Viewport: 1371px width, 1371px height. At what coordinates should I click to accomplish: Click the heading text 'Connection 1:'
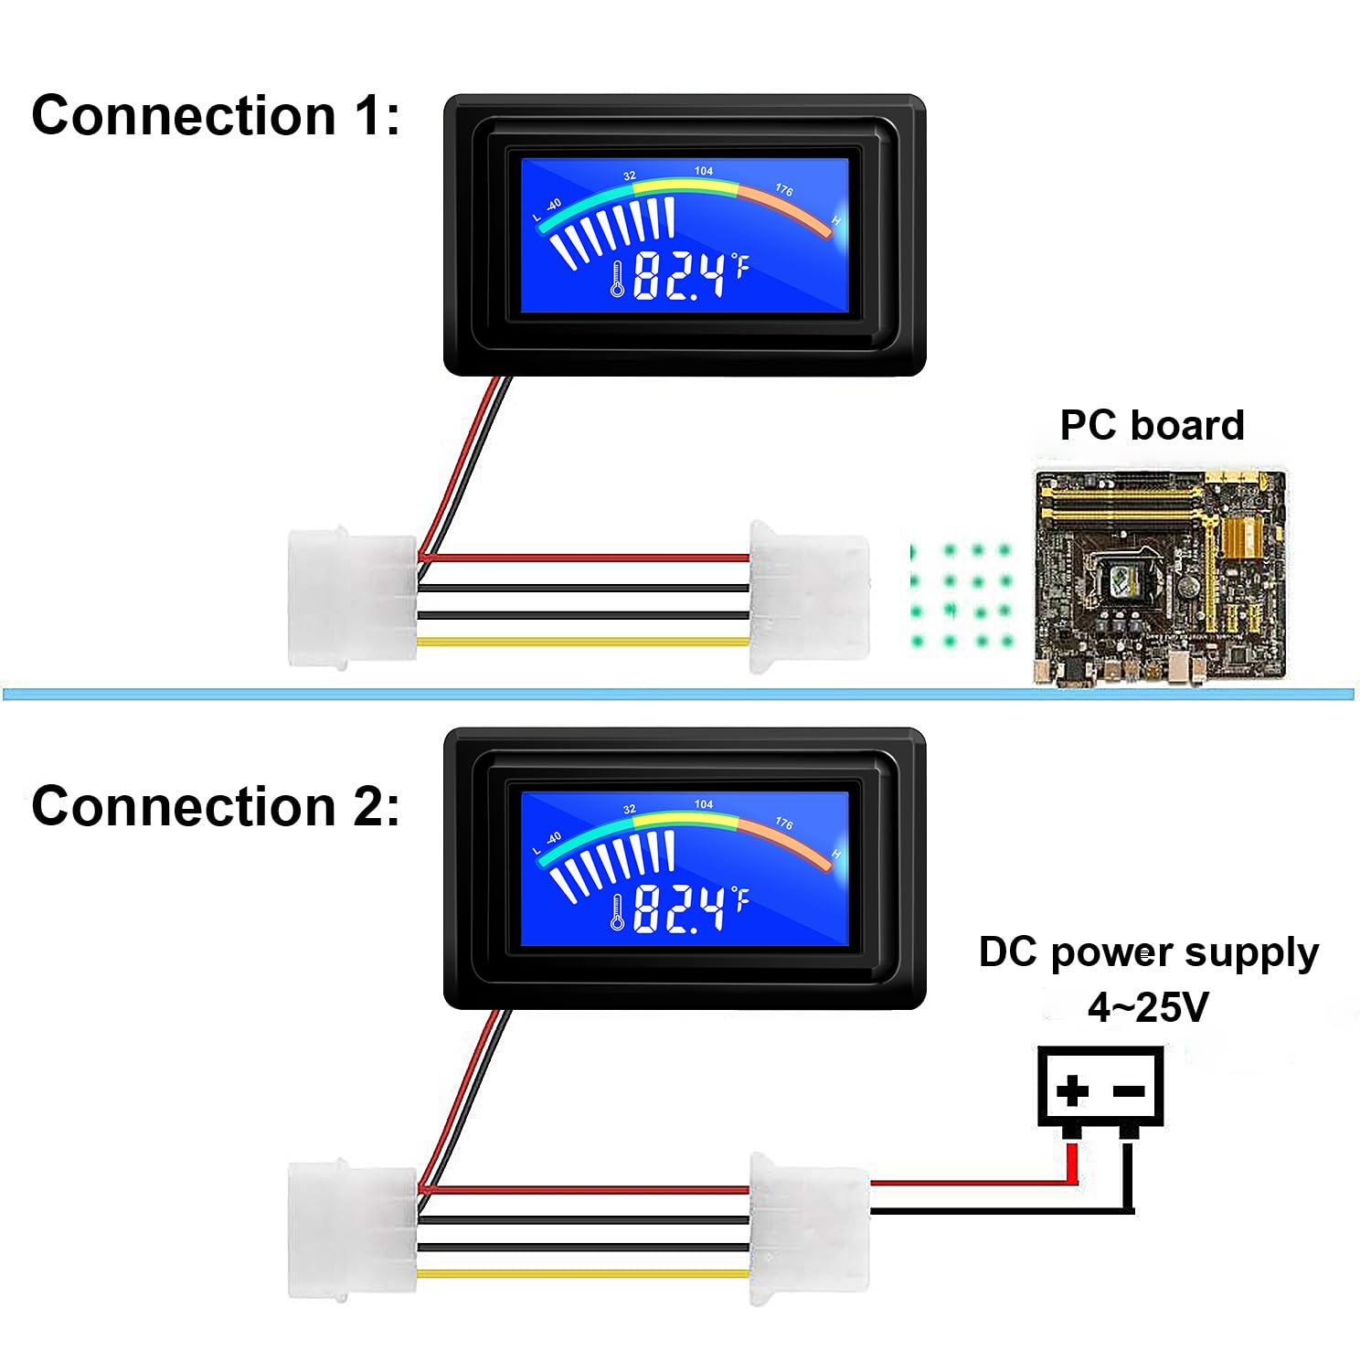tap(216, 116)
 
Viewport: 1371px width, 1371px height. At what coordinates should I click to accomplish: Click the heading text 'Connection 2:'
tap(216, 806)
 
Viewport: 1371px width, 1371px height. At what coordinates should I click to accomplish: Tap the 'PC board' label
tap(1152, 425)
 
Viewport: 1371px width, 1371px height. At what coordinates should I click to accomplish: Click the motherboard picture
tap(1160, 578)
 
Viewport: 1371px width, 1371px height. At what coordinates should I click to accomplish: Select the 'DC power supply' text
tap(1148, 952)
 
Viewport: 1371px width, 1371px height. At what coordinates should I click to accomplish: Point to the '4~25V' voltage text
tap(1148, 1007)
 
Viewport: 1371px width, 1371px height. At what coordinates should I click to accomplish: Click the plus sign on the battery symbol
tap(1072, 1089)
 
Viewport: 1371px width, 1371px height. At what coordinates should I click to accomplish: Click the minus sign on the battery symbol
tap(1130, 1090)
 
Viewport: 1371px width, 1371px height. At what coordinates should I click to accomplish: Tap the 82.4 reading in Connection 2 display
tap(678, 909)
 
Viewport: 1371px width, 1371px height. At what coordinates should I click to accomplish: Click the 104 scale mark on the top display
tap(703, 171)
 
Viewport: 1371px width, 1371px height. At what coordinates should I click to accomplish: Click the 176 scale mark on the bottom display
tap(784, 823)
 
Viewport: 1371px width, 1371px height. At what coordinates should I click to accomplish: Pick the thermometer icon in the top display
tap(618, 279)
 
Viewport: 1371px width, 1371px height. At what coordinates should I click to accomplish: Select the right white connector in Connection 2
tap(808, 1229)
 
